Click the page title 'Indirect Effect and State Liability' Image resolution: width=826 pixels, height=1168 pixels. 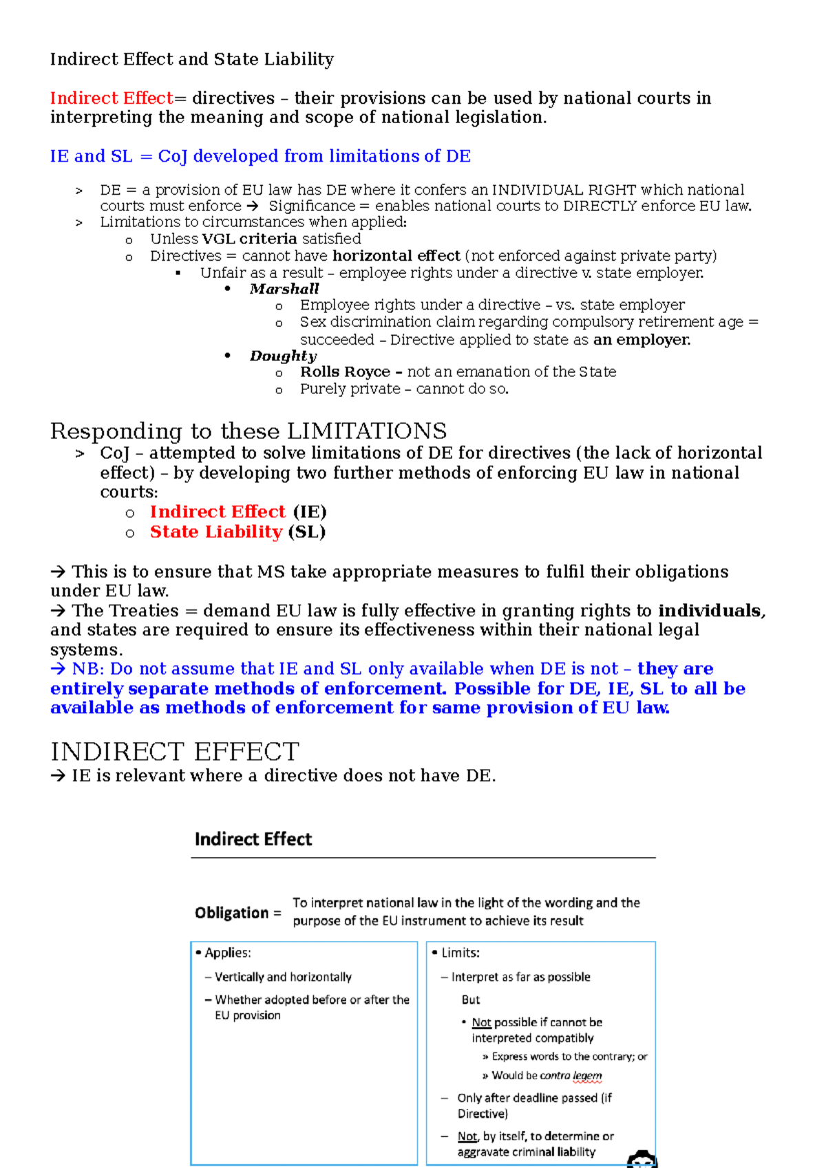coord(191,59)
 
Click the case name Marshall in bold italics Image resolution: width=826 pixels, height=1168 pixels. coord(284,289)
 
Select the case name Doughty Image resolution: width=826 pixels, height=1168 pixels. coord(283,356)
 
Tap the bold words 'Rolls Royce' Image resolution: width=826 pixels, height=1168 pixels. coord(344,372)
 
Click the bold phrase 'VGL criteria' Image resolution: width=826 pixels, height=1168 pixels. coord(248,239)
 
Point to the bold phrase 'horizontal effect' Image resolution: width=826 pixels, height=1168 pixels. coord(396,256)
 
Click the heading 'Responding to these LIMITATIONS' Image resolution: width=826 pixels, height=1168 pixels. coord(248,431)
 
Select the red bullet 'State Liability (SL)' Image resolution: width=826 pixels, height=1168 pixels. coord(237,532)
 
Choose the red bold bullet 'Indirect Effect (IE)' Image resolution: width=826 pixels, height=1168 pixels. coord(238,512)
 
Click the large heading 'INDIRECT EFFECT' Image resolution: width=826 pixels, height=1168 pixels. coord(175,751)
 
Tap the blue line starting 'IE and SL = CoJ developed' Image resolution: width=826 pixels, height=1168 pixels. coord(260,156)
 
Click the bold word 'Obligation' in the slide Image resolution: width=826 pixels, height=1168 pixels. coord(231,913)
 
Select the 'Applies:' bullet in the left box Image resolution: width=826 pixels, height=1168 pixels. coord(227,953)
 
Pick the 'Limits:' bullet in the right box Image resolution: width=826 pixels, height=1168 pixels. coord(460,953)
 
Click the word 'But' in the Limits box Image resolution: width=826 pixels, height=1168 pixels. coord(471,999)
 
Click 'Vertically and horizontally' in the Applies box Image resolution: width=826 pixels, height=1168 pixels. coord(283,977)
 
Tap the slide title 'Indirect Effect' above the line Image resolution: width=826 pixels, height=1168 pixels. coord(253,839)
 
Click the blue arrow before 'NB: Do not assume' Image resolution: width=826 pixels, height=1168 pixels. coord(58,669)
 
